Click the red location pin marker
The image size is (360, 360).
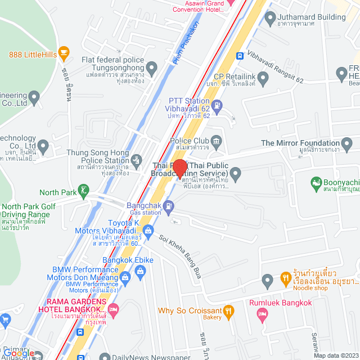(x=179, y=168)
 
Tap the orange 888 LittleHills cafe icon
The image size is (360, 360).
(x=64, y=54)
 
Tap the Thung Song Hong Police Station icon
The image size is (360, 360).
(x=137, y=160)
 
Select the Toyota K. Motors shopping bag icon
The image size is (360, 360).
(x=148, y=230)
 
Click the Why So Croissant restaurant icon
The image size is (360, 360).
(x=228, y=310)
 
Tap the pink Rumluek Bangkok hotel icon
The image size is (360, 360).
(x=262, y=314)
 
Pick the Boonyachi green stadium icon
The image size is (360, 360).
(x=317, y=183)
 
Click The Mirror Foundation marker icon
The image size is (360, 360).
(x=349, y=143)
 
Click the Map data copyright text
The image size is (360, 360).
(x=336, y=355)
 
